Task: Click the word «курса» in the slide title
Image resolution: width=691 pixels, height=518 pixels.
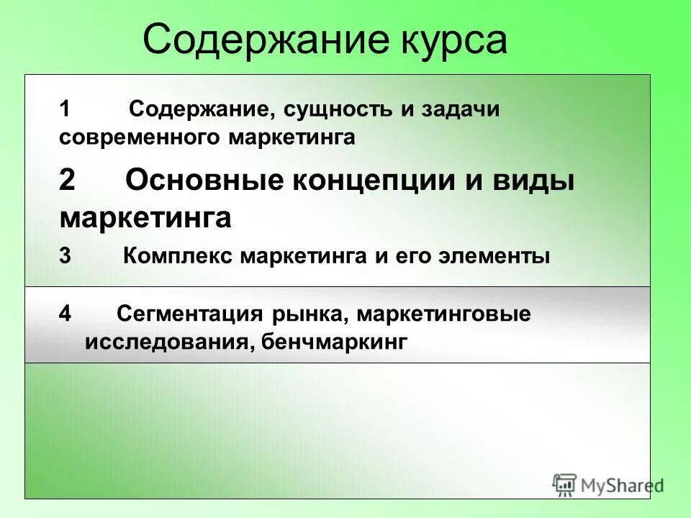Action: coord(453,40)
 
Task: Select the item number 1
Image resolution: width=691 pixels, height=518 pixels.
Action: coord(66,110)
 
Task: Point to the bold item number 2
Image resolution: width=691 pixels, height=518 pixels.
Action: coord(67,181)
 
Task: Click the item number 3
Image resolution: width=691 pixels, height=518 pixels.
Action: coord(66,256)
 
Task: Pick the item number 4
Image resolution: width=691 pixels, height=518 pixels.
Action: coord(66,314)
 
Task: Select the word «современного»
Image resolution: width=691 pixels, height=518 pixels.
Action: coord(141,137)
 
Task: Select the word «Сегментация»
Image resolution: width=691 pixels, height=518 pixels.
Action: coord(191,314)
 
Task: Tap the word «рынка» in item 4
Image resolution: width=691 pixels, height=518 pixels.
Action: coord(310,315)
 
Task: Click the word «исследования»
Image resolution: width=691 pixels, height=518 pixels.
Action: coord(166,342)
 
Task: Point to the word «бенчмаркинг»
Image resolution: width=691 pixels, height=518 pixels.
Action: coord(333,342)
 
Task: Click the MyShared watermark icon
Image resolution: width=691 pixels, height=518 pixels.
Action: coord(565,484)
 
